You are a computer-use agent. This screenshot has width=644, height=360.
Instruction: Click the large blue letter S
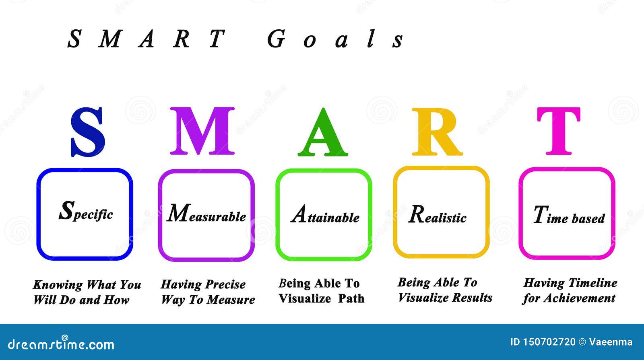[88, 132]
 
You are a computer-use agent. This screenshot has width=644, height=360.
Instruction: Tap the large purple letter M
[202, 131]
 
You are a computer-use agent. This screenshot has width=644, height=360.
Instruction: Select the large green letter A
[323, 132]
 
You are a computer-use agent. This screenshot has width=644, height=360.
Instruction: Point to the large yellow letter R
[437, 132]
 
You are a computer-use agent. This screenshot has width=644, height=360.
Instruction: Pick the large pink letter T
[559, 131]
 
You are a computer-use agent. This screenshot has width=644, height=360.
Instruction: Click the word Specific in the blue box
[86, 212]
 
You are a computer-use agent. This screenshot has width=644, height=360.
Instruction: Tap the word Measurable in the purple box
[206, 214]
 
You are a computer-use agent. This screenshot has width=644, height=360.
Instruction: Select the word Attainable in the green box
[325, 214]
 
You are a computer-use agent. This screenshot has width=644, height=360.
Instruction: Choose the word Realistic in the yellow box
[437, 214]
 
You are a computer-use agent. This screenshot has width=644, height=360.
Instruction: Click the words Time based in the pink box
[569, 215]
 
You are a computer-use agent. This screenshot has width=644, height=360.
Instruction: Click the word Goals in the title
[335, 39]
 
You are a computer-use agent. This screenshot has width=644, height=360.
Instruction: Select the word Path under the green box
[351, 298]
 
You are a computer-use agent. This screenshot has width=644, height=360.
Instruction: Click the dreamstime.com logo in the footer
[61, 344]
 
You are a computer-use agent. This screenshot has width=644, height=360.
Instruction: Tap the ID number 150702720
[549, 342]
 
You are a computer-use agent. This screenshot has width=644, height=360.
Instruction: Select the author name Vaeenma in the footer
[611, 342]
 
